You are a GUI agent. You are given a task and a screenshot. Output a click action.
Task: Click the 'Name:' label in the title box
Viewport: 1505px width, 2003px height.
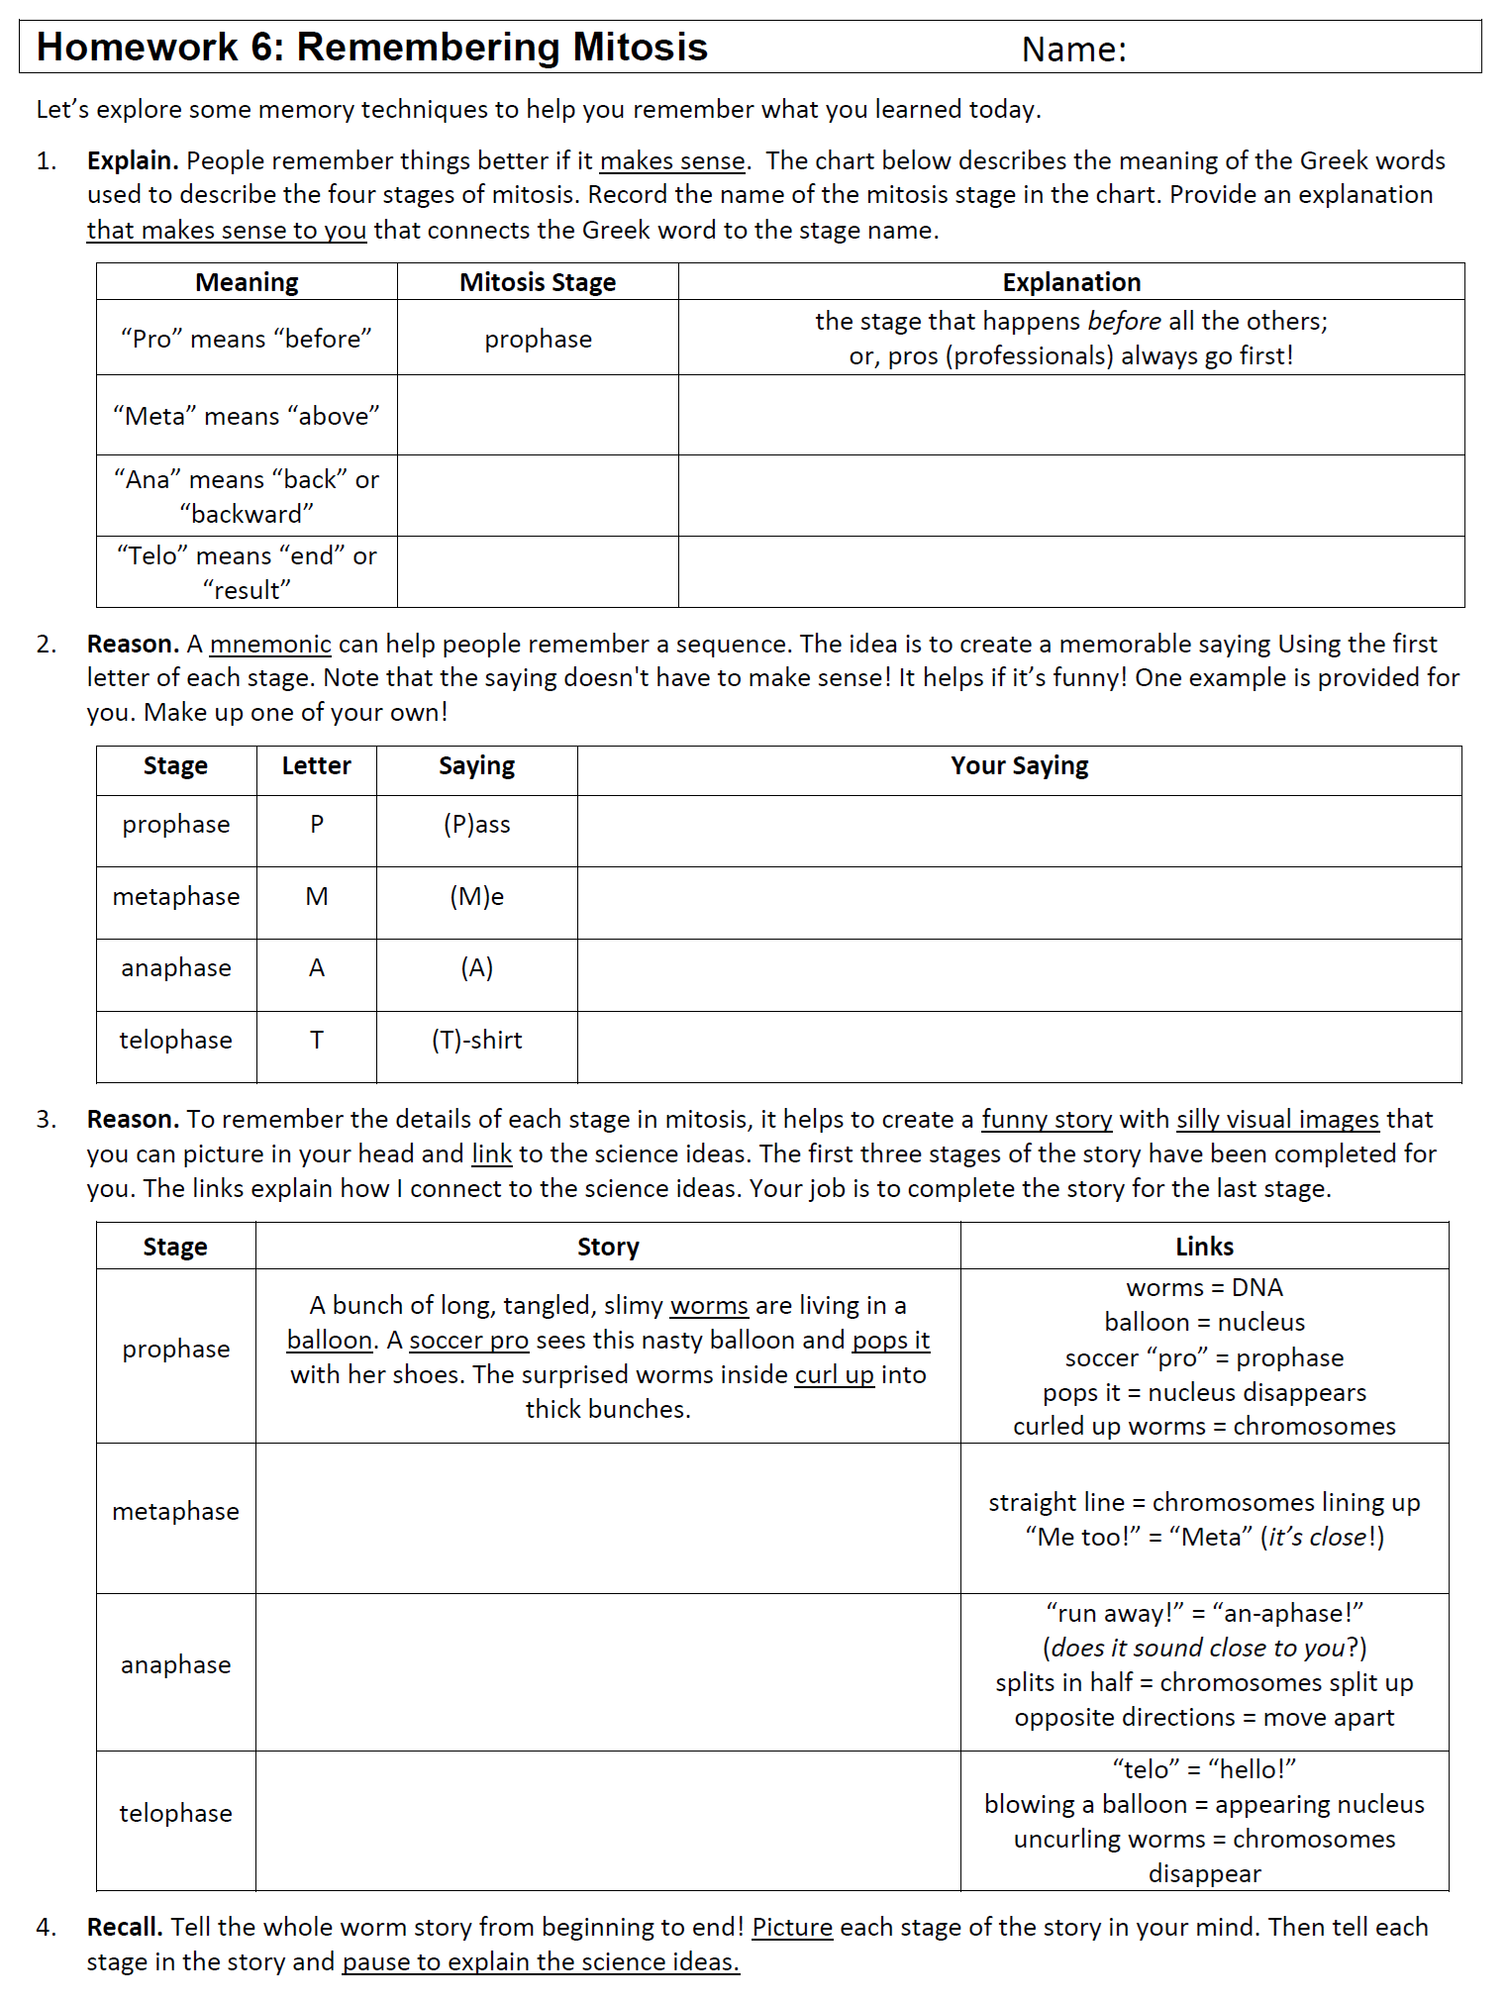coord(1073,50)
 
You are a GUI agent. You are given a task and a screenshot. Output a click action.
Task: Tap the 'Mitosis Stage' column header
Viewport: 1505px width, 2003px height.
coord(538,282)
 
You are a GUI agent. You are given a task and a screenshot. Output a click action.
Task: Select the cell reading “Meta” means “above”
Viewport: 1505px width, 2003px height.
coord(247,416)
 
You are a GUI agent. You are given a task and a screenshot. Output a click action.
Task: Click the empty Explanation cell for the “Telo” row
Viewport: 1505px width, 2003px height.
coord(1071,572)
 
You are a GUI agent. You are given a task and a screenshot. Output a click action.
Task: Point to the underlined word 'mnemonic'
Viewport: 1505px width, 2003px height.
coord(270,645)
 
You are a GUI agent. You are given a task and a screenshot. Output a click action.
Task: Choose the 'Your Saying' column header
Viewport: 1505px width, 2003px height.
coord(1019,766)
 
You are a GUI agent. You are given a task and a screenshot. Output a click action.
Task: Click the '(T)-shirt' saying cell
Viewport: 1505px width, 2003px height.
coord(476,1041)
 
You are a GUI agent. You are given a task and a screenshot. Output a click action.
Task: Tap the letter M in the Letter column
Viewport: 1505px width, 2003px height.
coord(317,897)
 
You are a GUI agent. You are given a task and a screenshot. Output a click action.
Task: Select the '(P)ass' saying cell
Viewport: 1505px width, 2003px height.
coord(476,825)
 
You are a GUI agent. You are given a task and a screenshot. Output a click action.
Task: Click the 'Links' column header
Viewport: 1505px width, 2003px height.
coord(1204,1247)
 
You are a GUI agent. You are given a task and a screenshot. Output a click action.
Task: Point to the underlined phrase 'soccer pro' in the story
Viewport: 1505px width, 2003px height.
coord(469,1341)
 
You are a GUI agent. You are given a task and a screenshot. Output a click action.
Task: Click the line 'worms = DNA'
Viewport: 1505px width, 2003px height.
coord(1204,1288)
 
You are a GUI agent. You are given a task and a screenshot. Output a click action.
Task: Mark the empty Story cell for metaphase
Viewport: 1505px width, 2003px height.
coord(608,1518)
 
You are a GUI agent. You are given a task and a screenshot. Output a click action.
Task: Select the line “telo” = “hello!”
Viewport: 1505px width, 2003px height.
coord(1204,1769)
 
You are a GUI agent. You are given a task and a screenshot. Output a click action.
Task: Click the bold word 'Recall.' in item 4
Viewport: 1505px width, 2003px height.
coord(125,1927)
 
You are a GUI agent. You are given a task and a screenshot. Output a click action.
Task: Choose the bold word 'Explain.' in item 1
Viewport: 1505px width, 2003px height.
coord(133,161)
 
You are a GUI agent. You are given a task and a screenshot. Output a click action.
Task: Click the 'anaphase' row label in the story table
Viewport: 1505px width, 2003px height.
coord(176,1665)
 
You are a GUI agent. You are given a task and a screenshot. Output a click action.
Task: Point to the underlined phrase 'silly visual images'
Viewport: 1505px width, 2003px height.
coord(1277,1120)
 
